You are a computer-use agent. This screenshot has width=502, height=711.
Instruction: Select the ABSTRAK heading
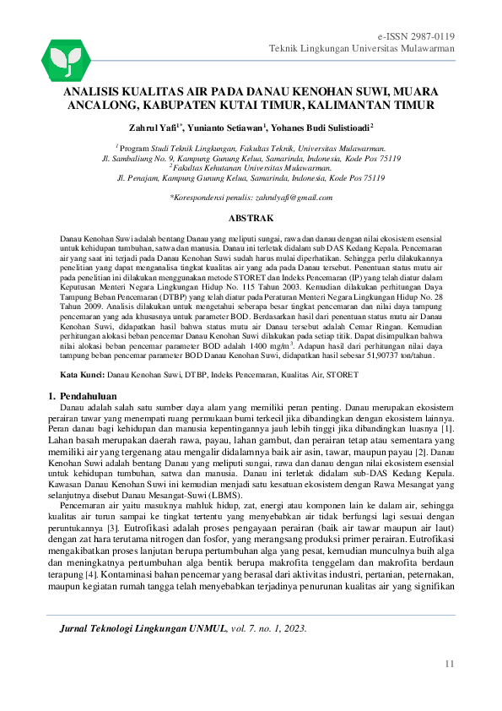tap(251, 217)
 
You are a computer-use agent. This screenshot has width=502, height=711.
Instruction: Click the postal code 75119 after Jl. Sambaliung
tap(384, 158)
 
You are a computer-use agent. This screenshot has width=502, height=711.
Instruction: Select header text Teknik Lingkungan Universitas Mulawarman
tap(362, 49)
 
